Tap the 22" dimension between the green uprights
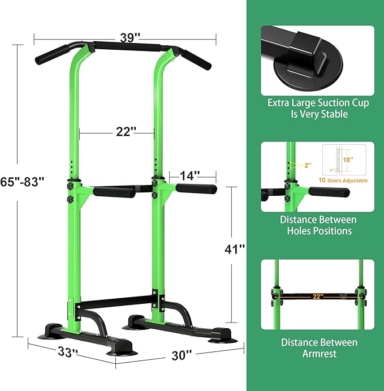[126, 131]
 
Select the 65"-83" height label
[23, 183]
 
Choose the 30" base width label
[182, 355]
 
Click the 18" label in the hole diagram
[348, 160]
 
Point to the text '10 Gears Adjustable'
[343, 181]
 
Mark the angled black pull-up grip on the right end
[196, 57]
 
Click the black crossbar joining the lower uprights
[115, 300]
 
